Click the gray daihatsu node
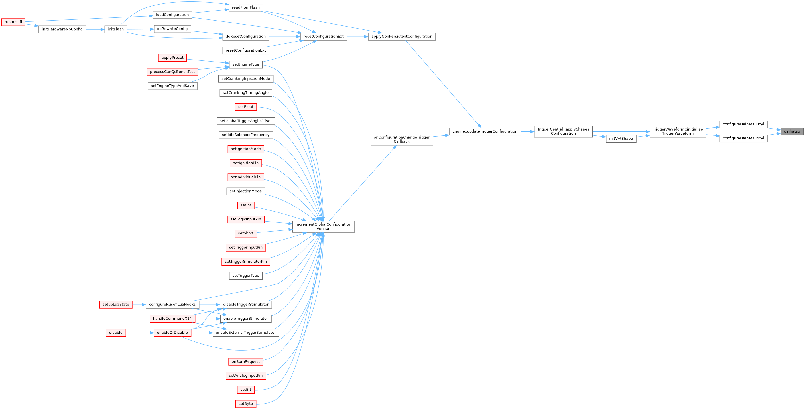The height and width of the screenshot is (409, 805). pos(792,131)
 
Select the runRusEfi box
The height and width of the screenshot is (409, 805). pos(13,22)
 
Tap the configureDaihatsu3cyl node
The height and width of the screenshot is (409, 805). pos(743,124)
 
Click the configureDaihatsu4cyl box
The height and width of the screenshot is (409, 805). pos(743,138)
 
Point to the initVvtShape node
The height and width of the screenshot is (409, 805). pos(621,139)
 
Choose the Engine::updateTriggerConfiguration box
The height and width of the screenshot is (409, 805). pos(485,131)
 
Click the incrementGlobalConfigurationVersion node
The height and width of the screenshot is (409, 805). pos(323,226)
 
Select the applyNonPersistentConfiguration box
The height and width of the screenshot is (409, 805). pos(402,36)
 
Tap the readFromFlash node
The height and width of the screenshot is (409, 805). pos(246,7)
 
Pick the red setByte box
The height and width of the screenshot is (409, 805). pos(246,404)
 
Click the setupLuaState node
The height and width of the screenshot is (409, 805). pos(116,304)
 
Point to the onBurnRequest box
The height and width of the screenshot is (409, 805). pos(246,361)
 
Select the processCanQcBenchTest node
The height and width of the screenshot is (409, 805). pos(172,72)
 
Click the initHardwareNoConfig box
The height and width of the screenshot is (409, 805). pos(62,29)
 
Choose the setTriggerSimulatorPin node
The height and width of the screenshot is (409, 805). pos(246,262)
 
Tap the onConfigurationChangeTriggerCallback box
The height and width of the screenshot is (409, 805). pos(402,139)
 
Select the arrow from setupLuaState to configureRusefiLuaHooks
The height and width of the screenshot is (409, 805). pos(139,304)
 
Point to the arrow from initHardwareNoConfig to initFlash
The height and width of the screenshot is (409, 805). pos(95,29)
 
